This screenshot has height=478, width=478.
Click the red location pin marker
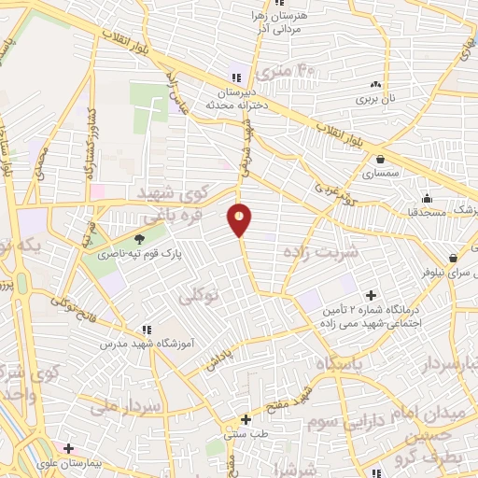click(240, 220)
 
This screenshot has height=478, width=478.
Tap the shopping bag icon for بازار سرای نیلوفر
click(453, 259)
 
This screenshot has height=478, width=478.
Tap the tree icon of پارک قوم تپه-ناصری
click(140, 238)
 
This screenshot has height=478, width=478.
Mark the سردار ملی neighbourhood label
click(127, 406)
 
